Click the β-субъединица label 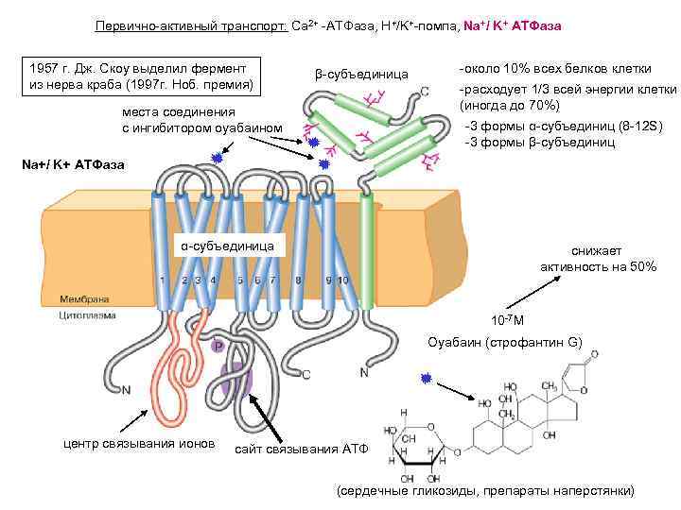[x=360, y=74]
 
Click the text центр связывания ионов [x=138, y=443]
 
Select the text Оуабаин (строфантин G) [x=505, y=341]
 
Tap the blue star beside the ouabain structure [x=427, y=378]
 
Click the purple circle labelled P [x=218, y=348]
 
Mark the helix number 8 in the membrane [x=299, y=280]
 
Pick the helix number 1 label [x=163, y=280]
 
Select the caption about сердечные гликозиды [x=486, y=492]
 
